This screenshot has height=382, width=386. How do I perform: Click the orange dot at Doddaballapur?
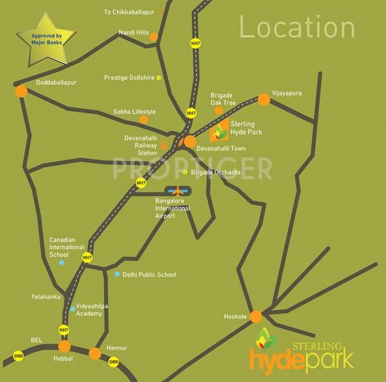pyautogui.click(x=21, y=91)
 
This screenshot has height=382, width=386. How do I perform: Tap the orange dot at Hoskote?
pyautogui.click(x=256, y=316)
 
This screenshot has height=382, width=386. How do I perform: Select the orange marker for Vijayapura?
pyautogui.click(x=264, y=99)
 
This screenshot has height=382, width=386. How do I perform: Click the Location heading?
pyautogui.click(x=297, y=28)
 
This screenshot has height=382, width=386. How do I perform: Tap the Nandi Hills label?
pyautogui.click(x=134, y=32)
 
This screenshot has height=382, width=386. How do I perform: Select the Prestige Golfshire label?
pyautogui.click(x=129, y=78)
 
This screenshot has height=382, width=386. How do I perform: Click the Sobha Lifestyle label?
pyautogui.click(x=134, y=111)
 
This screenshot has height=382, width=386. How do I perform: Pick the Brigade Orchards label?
pyautogui.click(x=216, y=172)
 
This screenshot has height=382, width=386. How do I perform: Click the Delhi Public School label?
pyautogui.click(x=149, y=275)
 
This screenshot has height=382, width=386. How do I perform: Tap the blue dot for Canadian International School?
pyautogui.click(x=62, y=262)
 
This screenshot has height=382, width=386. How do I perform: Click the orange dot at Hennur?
pyautogui.click(x=95, y=353)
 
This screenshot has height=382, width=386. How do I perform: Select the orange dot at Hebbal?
pyautogui.click(x=64, y=347)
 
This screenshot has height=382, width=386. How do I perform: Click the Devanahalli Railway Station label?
pyautogui.click(x=142, y=145)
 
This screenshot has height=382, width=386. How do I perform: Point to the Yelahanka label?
pyautogui.click(x=45, y=296)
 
